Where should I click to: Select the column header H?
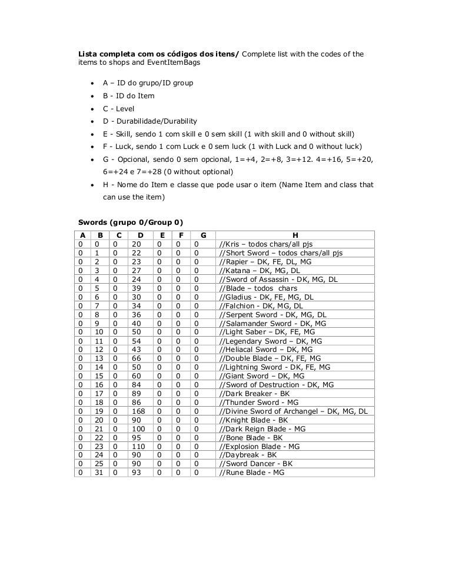pyautogui.click(x=295, y=235)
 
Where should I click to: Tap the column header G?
pyautogui.click(x=203, y=235)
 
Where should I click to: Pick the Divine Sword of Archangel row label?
pyautogui.click(x=293, y=411)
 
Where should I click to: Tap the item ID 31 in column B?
pyautogui.click(x=99, y=473)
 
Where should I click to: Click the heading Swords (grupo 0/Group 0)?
pyautogui.click(x=131, y=222)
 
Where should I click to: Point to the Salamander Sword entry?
pyautogui.click(x=272, y=323)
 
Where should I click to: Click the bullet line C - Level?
pyautogui.click(x=118, y=108)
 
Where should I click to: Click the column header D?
pyautogui.click(x=140, y=235)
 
